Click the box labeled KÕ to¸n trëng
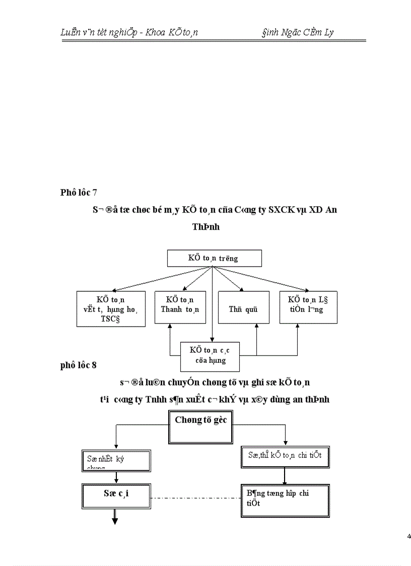point(214,259)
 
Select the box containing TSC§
point(111,308)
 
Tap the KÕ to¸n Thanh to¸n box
point(180,306)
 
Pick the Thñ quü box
point(243,307)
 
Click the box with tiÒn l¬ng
point(308,307)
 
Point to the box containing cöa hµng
point(210,355)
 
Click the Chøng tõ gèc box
point(200,426)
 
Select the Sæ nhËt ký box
point(116,461)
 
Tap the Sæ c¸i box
point(116,497)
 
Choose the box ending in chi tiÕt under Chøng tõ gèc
point(285,456)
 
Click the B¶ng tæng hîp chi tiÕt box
point(285,500)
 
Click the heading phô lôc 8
point(78,365)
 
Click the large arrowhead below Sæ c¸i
point(115,521)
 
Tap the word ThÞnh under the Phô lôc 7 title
point(205,227)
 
